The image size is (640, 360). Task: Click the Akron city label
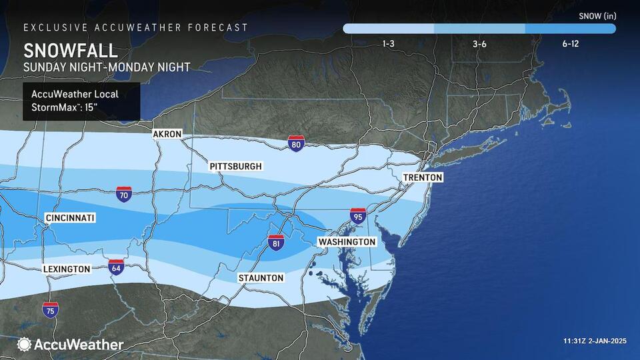click(x=167, y=134)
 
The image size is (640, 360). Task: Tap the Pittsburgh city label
click(x=235, y=166)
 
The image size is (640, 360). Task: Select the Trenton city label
click(x=422, y=177)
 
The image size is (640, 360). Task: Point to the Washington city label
click(x=347, y=241)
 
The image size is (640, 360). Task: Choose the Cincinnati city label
click(x=70, y=218)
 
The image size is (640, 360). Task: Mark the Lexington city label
click(x=67, y=269)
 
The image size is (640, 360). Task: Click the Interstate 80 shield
click(x=297, y=142)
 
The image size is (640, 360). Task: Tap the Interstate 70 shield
click(x=123, y=194)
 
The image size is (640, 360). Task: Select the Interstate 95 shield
click(x=357, y=215)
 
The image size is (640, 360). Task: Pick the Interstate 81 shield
click(x=276, y=243)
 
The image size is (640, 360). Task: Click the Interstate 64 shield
click(x=116, y=267)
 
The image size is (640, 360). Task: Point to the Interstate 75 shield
click(x=50, y=309)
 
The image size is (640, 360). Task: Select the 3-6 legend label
click(x=479, y=43)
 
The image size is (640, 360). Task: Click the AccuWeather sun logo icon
click(x=24, y=345)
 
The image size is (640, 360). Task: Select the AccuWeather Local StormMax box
click(x=81, y=101)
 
